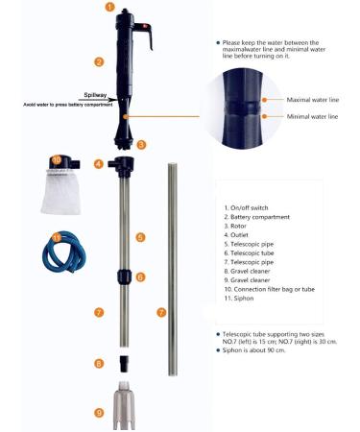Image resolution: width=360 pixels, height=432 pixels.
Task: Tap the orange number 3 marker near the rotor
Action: click(x=141, y=144)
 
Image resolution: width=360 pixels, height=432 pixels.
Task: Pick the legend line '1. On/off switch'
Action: click(x=250, y=207)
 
